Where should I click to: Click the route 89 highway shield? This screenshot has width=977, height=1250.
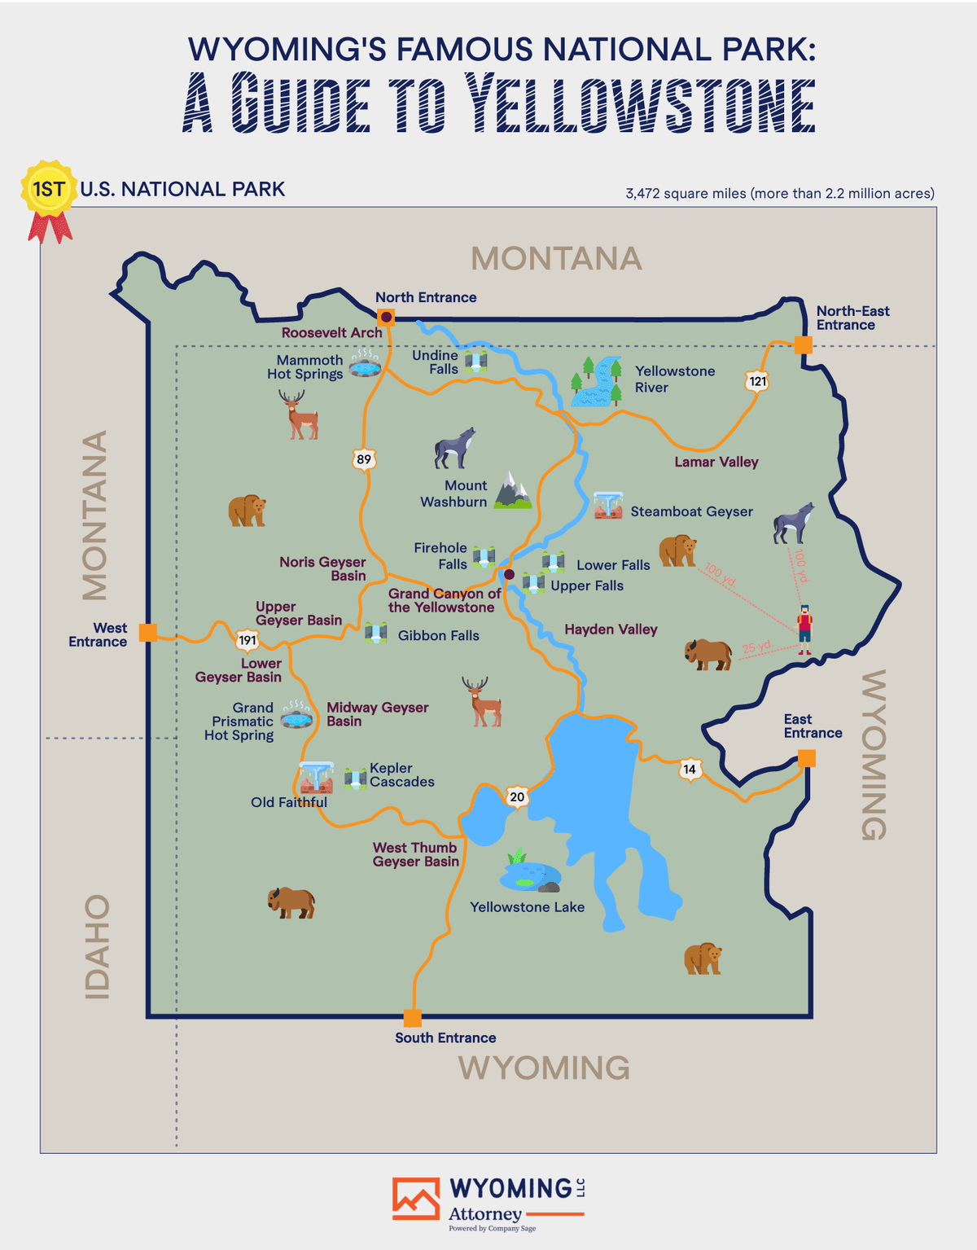click(x=364, y=459)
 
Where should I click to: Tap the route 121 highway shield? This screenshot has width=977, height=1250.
click(x=757, y=381)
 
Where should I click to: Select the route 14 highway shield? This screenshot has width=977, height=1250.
click(x=690, y=769)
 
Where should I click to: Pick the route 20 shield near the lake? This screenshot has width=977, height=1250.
click(x=517, y=796)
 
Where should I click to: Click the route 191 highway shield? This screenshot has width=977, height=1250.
click(x=248, y=640)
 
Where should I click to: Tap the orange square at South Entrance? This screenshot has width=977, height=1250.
click(x=413, y=1018)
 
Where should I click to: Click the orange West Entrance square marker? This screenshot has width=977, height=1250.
click(x=148, y=632)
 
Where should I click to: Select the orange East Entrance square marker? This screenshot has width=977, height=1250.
click(x=806, y=759)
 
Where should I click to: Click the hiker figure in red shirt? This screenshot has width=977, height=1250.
click(x=804, y=629)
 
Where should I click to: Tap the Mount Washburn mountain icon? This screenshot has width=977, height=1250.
click(x=512, y=490)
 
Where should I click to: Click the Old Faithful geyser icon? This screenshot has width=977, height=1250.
click(x=316, y=778)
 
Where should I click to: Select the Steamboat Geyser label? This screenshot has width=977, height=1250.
click(x=691, y=511)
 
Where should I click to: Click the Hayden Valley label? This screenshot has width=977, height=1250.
click(x=611, y=629)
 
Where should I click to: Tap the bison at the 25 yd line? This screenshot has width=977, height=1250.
click(x=708, y=654)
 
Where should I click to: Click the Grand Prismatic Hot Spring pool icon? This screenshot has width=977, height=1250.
click(x=296, y=716)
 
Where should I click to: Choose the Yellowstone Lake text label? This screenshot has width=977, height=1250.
click(x=527, y=907)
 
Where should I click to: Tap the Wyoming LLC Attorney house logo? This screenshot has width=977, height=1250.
click(x=416, y=1199)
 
